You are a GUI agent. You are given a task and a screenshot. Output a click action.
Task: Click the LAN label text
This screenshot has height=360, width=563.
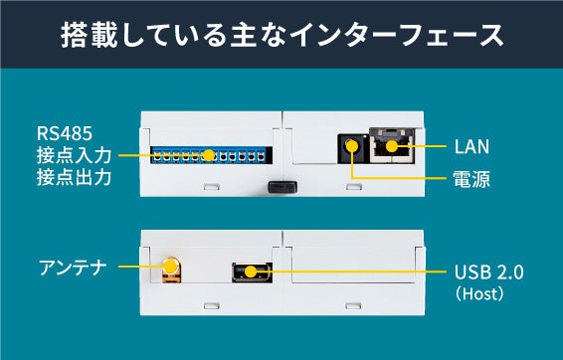[471, 147]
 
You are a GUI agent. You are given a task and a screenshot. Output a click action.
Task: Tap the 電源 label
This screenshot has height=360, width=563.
[471, 179]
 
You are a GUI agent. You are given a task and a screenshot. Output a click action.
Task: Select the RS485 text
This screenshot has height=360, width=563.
[65, 133]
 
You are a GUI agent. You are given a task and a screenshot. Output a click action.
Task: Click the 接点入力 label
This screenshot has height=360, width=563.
[74, 155]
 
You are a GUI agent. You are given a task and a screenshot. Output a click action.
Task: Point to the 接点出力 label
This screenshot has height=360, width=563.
[74, 177]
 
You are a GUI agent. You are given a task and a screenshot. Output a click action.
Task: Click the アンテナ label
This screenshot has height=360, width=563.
[73, 268]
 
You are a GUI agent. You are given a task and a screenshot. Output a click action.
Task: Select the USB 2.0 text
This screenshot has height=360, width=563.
[488, 272]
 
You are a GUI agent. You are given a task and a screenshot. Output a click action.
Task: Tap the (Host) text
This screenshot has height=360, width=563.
[479, 293]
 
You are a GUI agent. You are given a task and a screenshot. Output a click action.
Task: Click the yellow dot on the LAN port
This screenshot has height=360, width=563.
[392, 146]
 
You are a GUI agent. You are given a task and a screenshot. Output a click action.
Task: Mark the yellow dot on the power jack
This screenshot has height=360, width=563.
[352, 146]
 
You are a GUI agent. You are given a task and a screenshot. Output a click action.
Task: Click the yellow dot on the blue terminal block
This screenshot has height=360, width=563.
[208, 155]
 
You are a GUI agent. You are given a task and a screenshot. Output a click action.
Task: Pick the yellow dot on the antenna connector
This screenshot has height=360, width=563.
[170, 267]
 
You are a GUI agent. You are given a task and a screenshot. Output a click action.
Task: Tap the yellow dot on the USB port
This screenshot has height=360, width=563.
[251, 271]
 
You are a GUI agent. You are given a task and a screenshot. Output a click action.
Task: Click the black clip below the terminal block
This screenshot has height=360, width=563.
[282, 187]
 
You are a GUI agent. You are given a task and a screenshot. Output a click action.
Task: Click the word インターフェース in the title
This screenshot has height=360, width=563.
[397, 35]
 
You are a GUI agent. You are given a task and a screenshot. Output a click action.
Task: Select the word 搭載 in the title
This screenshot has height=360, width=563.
[89, 35]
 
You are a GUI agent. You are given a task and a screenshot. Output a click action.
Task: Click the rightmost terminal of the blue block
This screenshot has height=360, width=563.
[261, 156]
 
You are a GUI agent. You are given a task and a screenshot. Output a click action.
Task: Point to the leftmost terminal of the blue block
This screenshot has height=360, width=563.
[157, 156]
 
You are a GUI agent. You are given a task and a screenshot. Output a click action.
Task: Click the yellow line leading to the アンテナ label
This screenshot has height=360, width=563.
[141, 267]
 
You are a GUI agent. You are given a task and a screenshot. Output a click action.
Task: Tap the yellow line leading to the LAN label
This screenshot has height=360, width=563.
[422, 146]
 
